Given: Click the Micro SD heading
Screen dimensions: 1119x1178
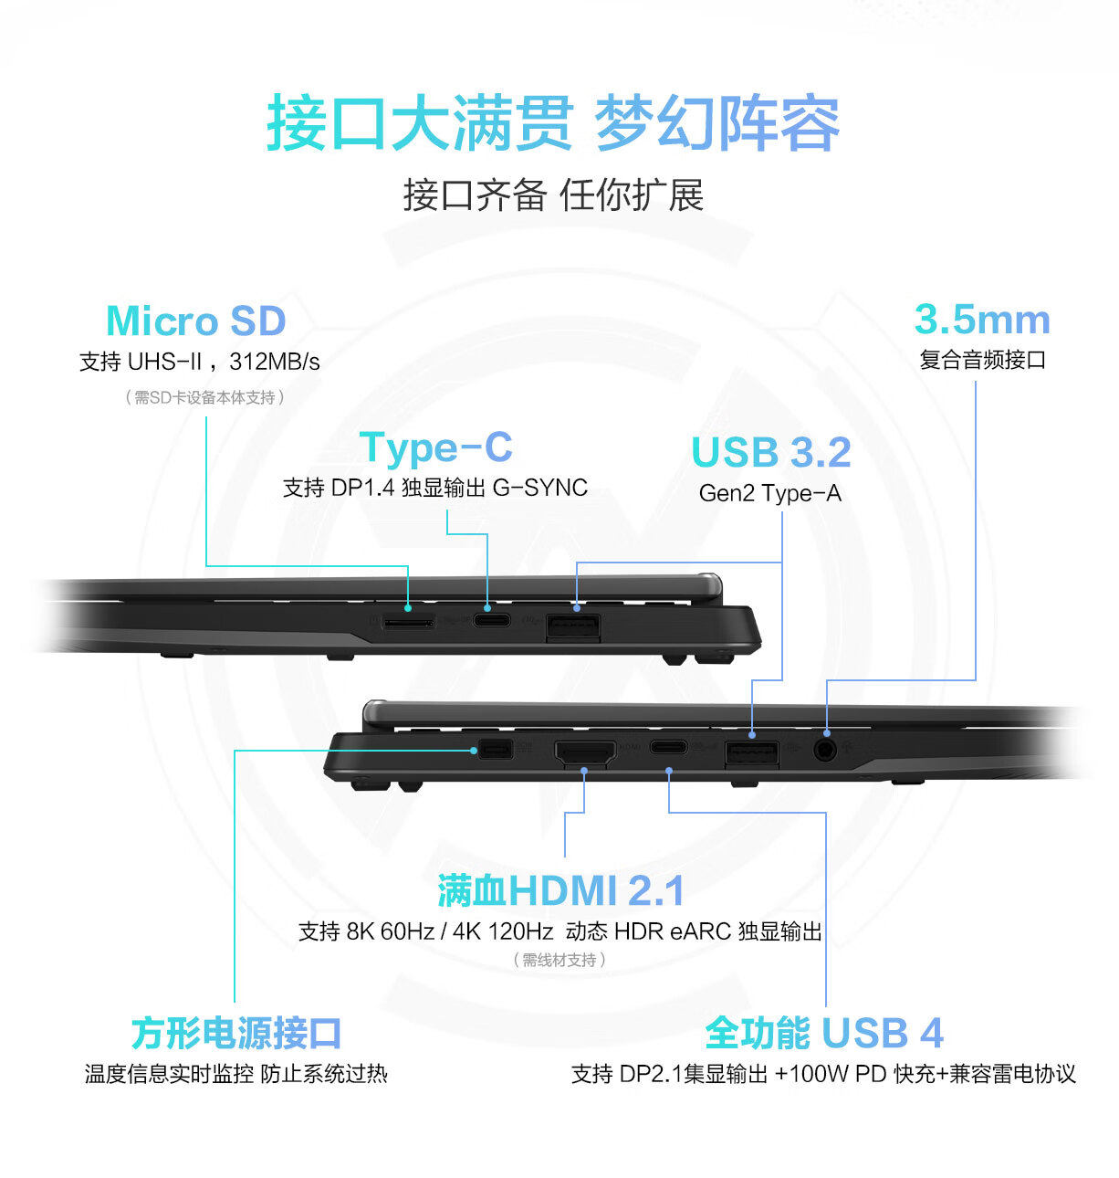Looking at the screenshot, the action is [x=196, y=321].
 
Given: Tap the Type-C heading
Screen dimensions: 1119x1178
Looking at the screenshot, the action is [x=435, y=447].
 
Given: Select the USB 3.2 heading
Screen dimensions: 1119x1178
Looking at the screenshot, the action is [x=770, y=452].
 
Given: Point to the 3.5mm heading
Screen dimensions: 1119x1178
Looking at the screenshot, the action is [x=982, y=320].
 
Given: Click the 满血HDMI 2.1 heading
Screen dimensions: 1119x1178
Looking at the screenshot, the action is [x=560, y=891].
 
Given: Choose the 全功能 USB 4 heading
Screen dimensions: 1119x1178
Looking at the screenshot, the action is [x=823, y=1033].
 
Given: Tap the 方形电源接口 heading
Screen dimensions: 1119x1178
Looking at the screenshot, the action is [x=236, y=1033].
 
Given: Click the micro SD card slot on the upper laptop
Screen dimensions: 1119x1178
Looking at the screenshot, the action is [x=408, y=624].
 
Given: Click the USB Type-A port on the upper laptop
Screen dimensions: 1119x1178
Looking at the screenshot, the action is [x=573, y=627].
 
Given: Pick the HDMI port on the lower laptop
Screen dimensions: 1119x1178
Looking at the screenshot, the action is [x=585, y=753].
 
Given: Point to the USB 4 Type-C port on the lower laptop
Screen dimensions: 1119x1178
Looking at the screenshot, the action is [x=669, y=747].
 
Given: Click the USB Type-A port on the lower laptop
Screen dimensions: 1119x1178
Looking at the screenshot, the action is [x=752, y=754].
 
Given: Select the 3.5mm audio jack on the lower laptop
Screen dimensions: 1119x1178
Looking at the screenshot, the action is [x=826, y=750].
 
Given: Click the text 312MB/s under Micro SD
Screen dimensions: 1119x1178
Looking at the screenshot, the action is [x=275, y=362].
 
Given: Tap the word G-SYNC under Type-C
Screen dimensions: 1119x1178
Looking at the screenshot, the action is [x=539, y=488].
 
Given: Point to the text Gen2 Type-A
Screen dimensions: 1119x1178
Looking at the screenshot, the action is [x=769, y=493].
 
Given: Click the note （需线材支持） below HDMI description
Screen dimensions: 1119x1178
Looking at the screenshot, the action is [x=559, y=960].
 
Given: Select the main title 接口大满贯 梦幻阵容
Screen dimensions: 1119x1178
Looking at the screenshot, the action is [x=553, y=123].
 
